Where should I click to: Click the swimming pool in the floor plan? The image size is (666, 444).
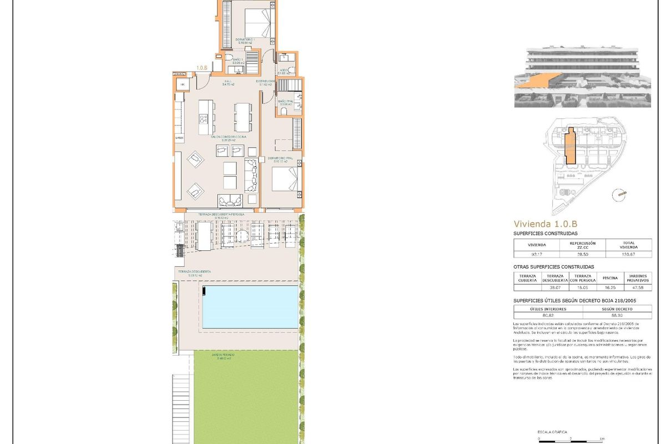pos(250,307)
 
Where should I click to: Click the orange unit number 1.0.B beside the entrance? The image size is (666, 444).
pos(201,68)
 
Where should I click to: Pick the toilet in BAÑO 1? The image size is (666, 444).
pos(229,58)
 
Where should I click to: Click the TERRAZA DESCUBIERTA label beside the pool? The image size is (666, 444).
pos(194,273)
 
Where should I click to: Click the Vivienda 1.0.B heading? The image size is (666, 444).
pos(546,224)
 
